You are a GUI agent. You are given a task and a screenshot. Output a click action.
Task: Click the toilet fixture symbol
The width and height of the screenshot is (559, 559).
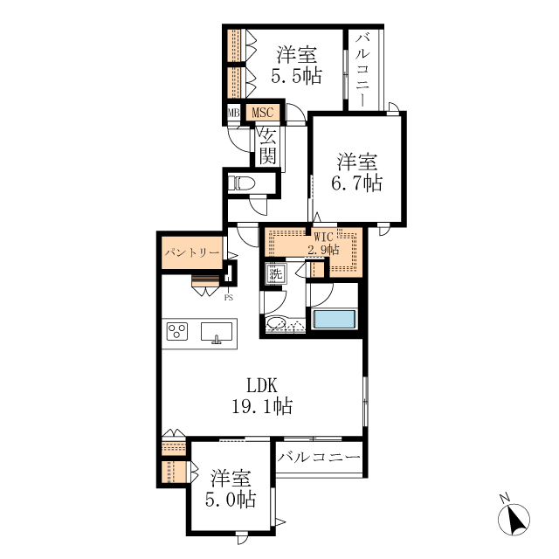click(241, 184)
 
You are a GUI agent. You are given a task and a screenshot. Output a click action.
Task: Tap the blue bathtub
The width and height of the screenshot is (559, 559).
click(334, 320)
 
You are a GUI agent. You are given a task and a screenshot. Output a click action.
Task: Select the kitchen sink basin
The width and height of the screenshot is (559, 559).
click(217, 332)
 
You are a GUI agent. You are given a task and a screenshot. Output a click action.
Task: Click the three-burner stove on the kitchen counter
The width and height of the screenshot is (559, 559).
click(177, 331)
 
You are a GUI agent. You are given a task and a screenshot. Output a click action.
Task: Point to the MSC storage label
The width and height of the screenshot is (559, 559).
click(263, 113)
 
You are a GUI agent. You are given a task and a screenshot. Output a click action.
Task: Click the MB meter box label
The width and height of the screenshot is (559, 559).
click(233, 113)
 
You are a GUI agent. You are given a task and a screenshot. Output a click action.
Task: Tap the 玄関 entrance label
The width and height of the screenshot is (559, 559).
click(268, 147)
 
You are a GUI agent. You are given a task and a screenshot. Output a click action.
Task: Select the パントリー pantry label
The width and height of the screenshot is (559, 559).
click(192, 252)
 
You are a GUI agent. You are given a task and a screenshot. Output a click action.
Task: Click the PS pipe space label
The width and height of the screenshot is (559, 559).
click(229, 298)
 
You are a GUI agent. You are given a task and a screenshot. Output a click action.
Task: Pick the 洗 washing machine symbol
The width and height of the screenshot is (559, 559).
click(276, 274)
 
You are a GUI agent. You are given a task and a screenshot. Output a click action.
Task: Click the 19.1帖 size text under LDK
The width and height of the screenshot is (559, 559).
click(262, 406)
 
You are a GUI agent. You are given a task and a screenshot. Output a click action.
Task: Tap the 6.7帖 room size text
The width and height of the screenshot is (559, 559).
click(357, 183)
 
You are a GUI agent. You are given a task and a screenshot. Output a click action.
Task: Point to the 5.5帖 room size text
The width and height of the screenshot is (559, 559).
click(297, 76)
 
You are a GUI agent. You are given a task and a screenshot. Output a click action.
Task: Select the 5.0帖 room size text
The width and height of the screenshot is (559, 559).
click(231, 499)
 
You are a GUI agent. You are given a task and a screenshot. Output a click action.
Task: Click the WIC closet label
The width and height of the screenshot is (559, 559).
click(323, 237)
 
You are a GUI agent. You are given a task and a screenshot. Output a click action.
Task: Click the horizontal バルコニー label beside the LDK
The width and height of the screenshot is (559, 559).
click(319, 457)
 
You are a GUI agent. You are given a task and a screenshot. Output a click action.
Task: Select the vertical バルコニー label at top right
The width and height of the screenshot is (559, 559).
click(363, 70)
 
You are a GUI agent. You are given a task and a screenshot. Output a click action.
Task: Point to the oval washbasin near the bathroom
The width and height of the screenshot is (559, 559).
click(276, 323)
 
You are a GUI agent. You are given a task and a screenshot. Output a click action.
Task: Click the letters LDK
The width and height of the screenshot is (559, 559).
click(262, 385)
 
